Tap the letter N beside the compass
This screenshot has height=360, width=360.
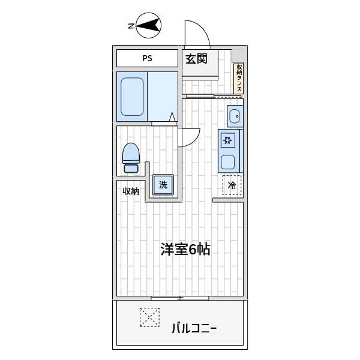(130, 26)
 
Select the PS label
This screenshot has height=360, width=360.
(147, 59)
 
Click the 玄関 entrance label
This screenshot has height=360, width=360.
(196, 59)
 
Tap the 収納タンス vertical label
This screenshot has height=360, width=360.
(239, 78)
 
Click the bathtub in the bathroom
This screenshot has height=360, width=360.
(132, 96)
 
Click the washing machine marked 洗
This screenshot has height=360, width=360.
(163, 185)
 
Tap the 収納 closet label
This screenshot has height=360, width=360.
(131, 191)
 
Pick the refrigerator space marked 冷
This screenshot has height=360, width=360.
(232, 185)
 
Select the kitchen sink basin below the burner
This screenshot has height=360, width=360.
(228, 161)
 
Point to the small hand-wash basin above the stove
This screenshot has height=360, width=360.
(233, 116)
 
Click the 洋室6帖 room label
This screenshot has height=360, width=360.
(185, 250)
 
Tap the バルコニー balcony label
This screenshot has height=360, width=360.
(194, 328)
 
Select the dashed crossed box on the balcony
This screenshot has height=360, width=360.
(150, 317)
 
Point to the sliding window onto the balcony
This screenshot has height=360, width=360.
(179, 298)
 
